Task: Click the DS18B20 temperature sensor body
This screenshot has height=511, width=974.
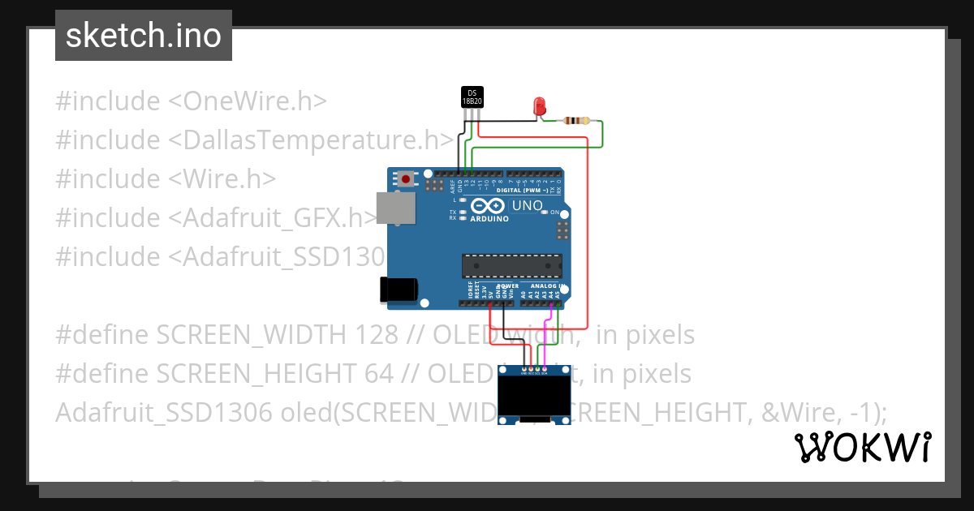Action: pos(472,98)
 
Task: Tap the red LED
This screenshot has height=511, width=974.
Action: pos(539,105)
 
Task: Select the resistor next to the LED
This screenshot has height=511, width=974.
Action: pos(576,121)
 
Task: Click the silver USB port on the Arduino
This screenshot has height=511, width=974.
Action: pos(397,208)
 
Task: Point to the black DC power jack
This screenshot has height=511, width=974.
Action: pos(399,290)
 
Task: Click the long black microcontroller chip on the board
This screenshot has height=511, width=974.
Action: pos(511,265)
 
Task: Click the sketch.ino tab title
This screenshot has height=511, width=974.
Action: pos(144,36)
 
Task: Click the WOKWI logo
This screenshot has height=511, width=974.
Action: pos(863,447)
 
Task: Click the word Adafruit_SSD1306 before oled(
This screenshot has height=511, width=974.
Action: pos(163,413)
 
